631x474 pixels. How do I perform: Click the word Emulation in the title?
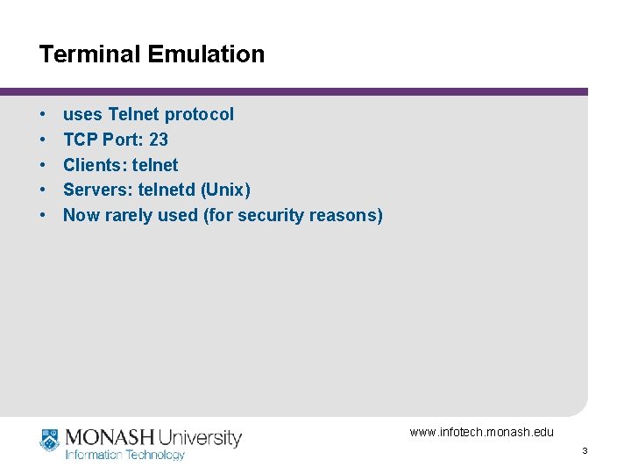pos(206,54)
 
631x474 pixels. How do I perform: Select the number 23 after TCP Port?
pos(159,140)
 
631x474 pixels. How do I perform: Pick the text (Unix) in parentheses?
pos(230,190)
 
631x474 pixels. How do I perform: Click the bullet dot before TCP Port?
pos(43,140)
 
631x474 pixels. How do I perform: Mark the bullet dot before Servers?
pos(43,190)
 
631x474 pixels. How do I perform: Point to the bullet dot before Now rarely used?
pos(43,215)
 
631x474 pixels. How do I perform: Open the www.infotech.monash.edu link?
pos(481,432)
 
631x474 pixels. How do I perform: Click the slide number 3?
pos(584,451)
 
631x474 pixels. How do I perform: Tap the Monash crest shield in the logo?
pos(49,439)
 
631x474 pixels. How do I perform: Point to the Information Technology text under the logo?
pos(125,455)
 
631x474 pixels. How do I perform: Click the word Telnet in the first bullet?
pos(134,114)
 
